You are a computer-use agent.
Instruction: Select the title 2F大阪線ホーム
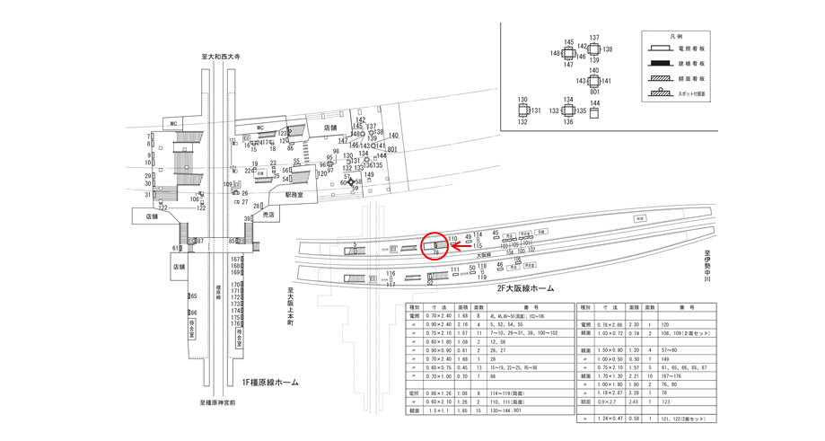(524, 289)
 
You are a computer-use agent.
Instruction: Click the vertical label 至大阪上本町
(291, 306)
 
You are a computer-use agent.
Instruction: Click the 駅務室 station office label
(295, 194)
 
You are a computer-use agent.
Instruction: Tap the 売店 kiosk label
(268, 216)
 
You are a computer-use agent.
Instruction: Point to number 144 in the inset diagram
(594, 103)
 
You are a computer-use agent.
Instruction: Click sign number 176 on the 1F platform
(236, 323)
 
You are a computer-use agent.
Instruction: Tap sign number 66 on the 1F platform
(193, 313)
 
